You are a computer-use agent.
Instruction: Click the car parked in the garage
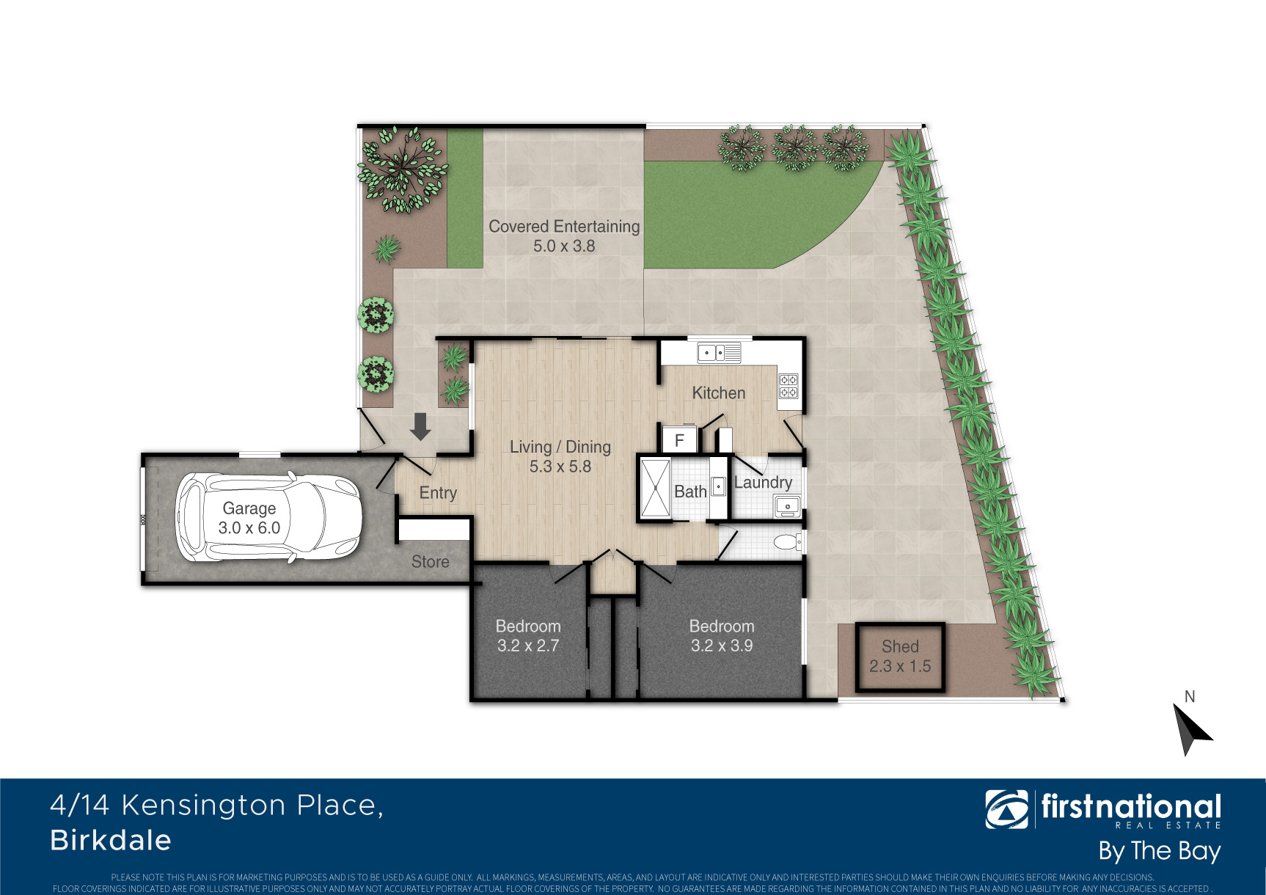click(268, 518)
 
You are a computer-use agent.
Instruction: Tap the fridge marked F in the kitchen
click(679, 440)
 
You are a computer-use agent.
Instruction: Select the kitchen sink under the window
click(719, 353)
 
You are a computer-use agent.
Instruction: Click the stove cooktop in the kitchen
click(788, 386)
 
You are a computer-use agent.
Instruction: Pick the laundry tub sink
click(787, 505)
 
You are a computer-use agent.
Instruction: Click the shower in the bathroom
click(655, 489)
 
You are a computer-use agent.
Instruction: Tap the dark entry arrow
click(420, 426)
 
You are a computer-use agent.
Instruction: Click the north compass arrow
click(1191, 728)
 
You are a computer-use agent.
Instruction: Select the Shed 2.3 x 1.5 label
click(900, 657)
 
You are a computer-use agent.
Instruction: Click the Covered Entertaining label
click(564, 227)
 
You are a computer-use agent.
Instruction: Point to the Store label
click(430, 562)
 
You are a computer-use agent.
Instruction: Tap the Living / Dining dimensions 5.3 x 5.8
click(560, 467)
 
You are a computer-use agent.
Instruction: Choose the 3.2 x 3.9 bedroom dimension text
click(722, 646)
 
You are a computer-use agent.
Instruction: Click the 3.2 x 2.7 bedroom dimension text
click(528, 646)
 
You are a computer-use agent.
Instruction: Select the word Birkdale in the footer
click(111, 841)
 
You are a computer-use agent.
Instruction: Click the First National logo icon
click(1006, 809)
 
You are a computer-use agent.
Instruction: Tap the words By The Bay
click(1160, 852)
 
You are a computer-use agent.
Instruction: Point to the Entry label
click(438, 493)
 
